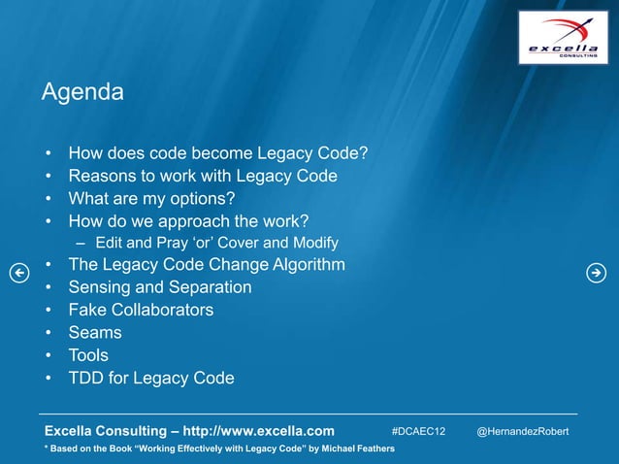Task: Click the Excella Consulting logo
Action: click(563, 38)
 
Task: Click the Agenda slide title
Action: click(82, 93)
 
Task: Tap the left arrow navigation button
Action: click(17, 273)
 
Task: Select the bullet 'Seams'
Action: click(94, 333)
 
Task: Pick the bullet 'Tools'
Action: click(88, 355)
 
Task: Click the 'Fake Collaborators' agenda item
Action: click(141, 311)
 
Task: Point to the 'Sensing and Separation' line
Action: click(159, 287)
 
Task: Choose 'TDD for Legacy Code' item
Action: click(150, 378)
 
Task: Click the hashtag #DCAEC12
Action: click(418, 430)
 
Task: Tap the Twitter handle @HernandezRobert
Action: click(522, 430)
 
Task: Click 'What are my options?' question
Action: click(151, 199)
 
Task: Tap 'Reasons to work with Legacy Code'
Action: click(202, 176)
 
